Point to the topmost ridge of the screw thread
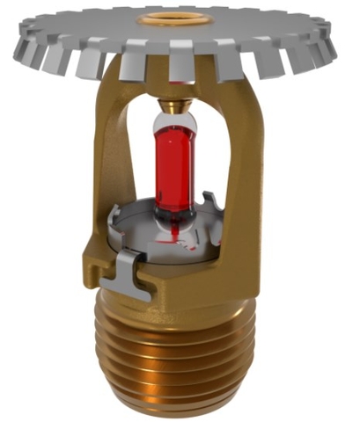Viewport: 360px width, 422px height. (180, 308)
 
